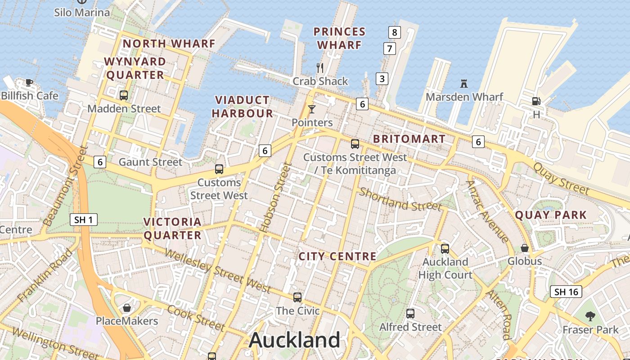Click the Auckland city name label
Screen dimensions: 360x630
pos(295,340)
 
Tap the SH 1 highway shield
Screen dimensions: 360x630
pos(84,220)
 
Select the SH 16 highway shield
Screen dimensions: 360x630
pos(566,292)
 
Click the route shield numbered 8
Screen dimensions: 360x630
pos(395,32)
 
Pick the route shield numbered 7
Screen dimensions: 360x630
pos(389,48)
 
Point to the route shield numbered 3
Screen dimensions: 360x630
pos(382,79)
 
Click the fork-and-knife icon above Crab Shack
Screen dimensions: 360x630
pos(320,68)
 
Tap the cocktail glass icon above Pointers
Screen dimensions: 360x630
pos(311,109)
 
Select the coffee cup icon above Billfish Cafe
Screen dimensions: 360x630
pos(29,82)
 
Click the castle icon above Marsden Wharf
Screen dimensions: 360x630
pos(464,84)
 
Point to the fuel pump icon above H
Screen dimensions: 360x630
pos(536,101)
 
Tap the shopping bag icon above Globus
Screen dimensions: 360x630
pos(525,248)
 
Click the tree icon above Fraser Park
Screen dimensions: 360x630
pos(590,316)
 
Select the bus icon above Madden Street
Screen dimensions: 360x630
pos(124,95)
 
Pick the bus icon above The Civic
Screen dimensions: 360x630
pos(297,297)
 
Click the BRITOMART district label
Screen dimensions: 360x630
pos(409,139)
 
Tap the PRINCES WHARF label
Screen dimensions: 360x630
pos(339,38)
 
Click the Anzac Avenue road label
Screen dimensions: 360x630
pos(488,211)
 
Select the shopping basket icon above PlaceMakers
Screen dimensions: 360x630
pos(127,308)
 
